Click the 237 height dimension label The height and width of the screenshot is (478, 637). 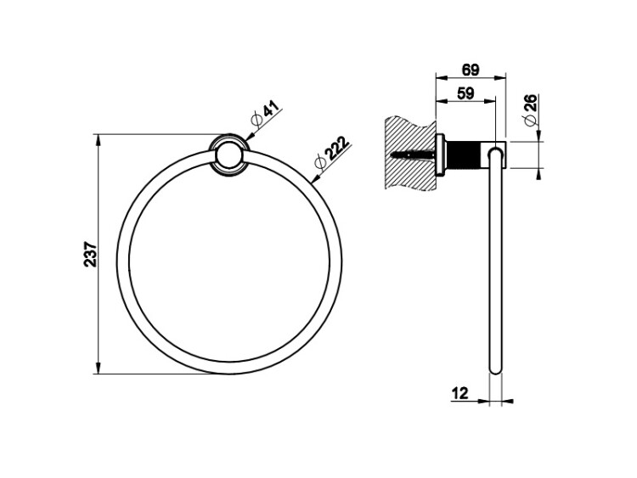point(91,254)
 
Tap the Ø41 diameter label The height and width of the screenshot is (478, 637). point(266,115)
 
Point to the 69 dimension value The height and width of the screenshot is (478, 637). point(471,70)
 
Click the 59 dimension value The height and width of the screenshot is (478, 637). point(465,93)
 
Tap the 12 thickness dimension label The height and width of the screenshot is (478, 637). point(459,393)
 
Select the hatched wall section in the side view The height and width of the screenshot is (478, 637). point(409,153)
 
